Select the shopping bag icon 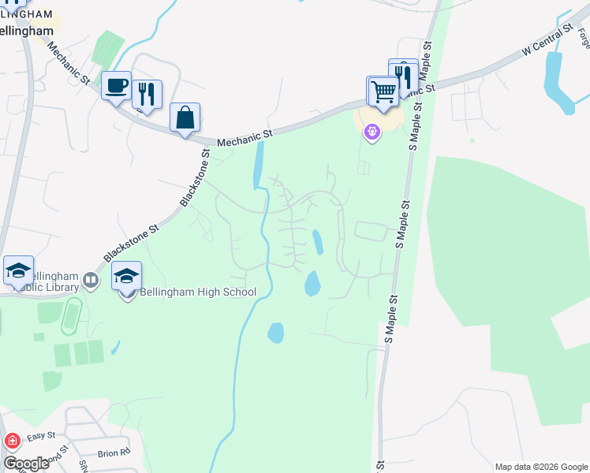[185, 118]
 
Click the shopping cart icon [383, 91]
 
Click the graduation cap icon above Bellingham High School [126, 277]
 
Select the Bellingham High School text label [198, 292]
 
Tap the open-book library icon [91, 280]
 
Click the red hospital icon [13, 441]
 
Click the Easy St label [41, 435]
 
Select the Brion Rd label [114, 453]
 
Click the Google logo [26, 464]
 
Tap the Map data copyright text [540, 466]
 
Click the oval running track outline [72, 315]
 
